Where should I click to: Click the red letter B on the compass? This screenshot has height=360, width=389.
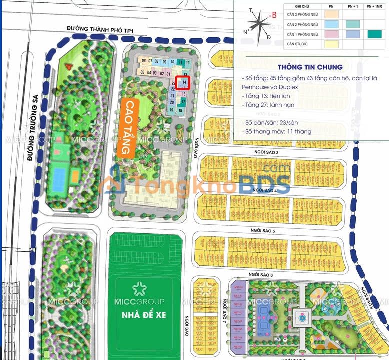[x=274, y=15]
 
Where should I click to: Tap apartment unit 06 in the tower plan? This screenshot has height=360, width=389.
[x=143, y=61]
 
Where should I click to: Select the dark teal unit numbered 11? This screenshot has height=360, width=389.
[x=180, y=63]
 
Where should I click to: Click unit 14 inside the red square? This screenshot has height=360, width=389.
[x=184, y=82]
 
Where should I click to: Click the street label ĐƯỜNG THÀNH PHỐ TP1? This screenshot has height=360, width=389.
[x=102, y=31]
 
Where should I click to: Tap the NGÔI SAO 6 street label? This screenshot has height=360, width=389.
[x=260, y=275]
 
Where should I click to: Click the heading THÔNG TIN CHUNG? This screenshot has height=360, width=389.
[x=310, y=67]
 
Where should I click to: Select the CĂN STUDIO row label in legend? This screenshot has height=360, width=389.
[x=298, y=45]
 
